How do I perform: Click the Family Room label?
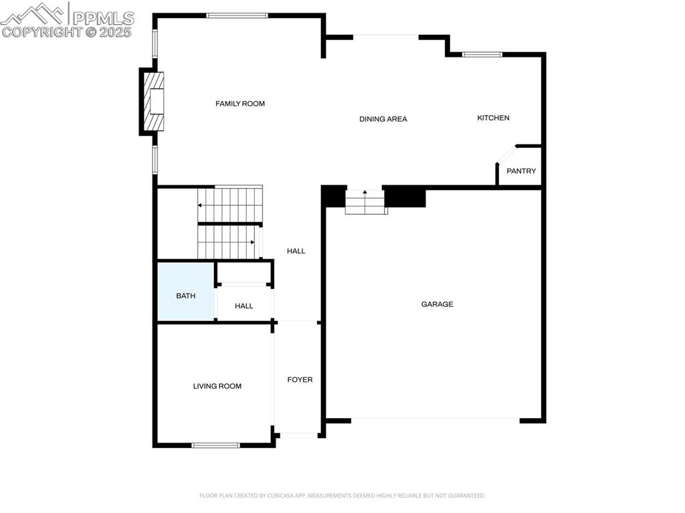click(240, 104)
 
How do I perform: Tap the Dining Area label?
click(383, 119)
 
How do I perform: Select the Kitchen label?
click(493, 118)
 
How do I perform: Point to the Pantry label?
click(521, 171)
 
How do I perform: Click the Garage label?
click(437, 304)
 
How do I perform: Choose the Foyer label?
click(300, 380)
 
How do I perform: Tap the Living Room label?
click(217, 386)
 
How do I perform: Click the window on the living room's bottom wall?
click(215, 445)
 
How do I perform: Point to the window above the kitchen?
click(482, 54)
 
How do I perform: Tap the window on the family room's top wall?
click(237, 15)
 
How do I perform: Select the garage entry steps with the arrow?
click(365, 201)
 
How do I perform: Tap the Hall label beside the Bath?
click(244, 306)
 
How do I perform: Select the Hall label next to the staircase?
click(296, 251)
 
